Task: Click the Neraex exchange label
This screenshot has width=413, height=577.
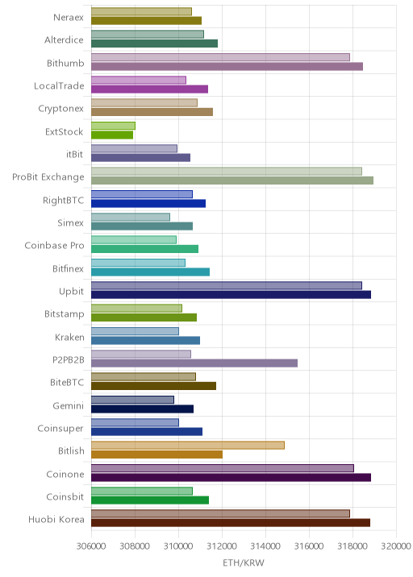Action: (x=69, y=17)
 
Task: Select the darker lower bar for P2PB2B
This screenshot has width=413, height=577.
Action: (x=194, y=363)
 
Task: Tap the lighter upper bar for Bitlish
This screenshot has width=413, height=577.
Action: (x=188, y=446)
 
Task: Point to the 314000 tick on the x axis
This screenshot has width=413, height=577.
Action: (x=265, y=546)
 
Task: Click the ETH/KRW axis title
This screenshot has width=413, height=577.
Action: (x=244, y=562)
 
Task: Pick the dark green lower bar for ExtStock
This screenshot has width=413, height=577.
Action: (x=112, y=135)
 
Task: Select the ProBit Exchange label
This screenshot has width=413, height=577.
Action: (x=48, y=177)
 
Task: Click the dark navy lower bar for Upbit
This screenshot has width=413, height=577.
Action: (x=231, y=295)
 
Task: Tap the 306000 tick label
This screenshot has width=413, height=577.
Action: (x=91, y=546)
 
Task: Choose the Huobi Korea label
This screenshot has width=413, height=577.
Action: (x=56, y=519)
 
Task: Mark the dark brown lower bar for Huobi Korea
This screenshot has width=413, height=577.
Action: (x=231, y=522)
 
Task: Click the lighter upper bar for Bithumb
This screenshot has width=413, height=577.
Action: (x=220, y=57)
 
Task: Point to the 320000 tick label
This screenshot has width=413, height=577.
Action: (x=396, y=546)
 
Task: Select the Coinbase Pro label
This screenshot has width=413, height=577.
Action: (x=54, y=246)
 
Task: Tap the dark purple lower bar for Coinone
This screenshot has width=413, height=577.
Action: (x=231, y=477)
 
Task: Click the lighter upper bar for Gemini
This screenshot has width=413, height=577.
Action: (x=132, y=400)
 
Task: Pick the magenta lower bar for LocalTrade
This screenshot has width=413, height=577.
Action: (x=149, y=89)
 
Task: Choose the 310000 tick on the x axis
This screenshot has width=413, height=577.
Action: (x=178, y=546)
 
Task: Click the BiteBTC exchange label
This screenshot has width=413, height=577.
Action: (x=67, y=382)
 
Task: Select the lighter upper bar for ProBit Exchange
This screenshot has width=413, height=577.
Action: (x=227, y=171)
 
